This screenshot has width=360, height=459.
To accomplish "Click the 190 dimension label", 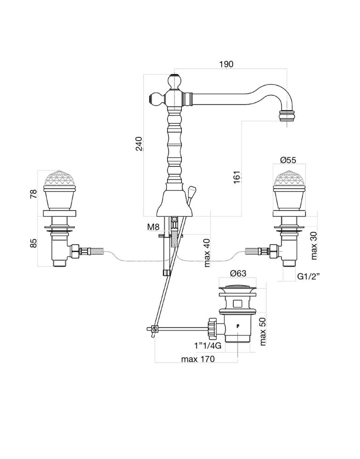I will [226, 65].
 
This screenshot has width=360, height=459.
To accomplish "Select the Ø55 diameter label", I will [288, 160].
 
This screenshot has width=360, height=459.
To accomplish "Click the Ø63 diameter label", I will [238, 274].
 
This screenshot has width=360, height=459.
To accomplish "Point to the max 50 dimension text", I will [263, 331].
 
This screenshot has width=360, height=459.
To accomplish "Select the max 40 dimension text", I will [208, 253].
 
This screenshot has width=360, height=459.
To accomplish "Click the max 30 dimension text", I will [315, 246].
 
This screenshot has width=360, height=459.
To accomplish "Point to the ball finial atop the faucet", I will [174, 82].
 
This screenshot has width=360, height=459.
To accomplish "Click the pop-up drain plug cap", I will [237, 289].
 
